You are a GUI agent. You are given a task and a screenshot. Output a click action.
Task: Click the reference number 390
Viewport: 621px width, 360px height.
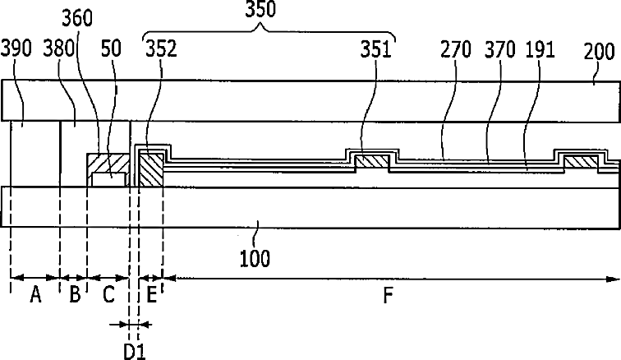tap(16, 48)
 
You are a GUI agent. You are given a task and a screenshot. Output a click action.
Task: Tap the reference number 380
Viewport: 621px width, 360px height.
tap(59, 48)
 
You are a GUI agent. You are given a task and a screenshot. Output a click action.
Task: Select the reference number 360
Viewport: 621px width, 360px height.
tap(77, 18)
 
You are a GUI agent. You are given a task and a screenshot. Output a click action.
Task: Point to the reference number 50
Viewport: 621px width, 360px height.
tap(111, 48)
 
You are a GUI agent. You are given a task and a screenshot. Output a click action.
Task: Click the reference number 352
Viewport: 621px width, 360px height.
tap(161, 48)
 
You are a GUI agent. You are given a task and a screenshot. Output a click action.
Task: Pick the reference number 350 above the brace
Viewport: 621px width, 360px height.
tap(260, 9)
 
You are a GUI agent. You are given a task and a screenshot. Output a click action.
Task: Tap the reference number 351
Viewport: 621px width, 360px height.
tap(376, 49)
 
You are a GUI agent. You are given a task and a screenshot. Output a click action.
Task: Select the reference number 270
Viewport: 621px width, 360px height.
tap(456, 49)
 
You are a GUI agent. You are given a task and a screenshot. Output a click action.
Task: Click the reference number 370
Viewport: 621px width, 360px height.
tap(500, 49)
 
